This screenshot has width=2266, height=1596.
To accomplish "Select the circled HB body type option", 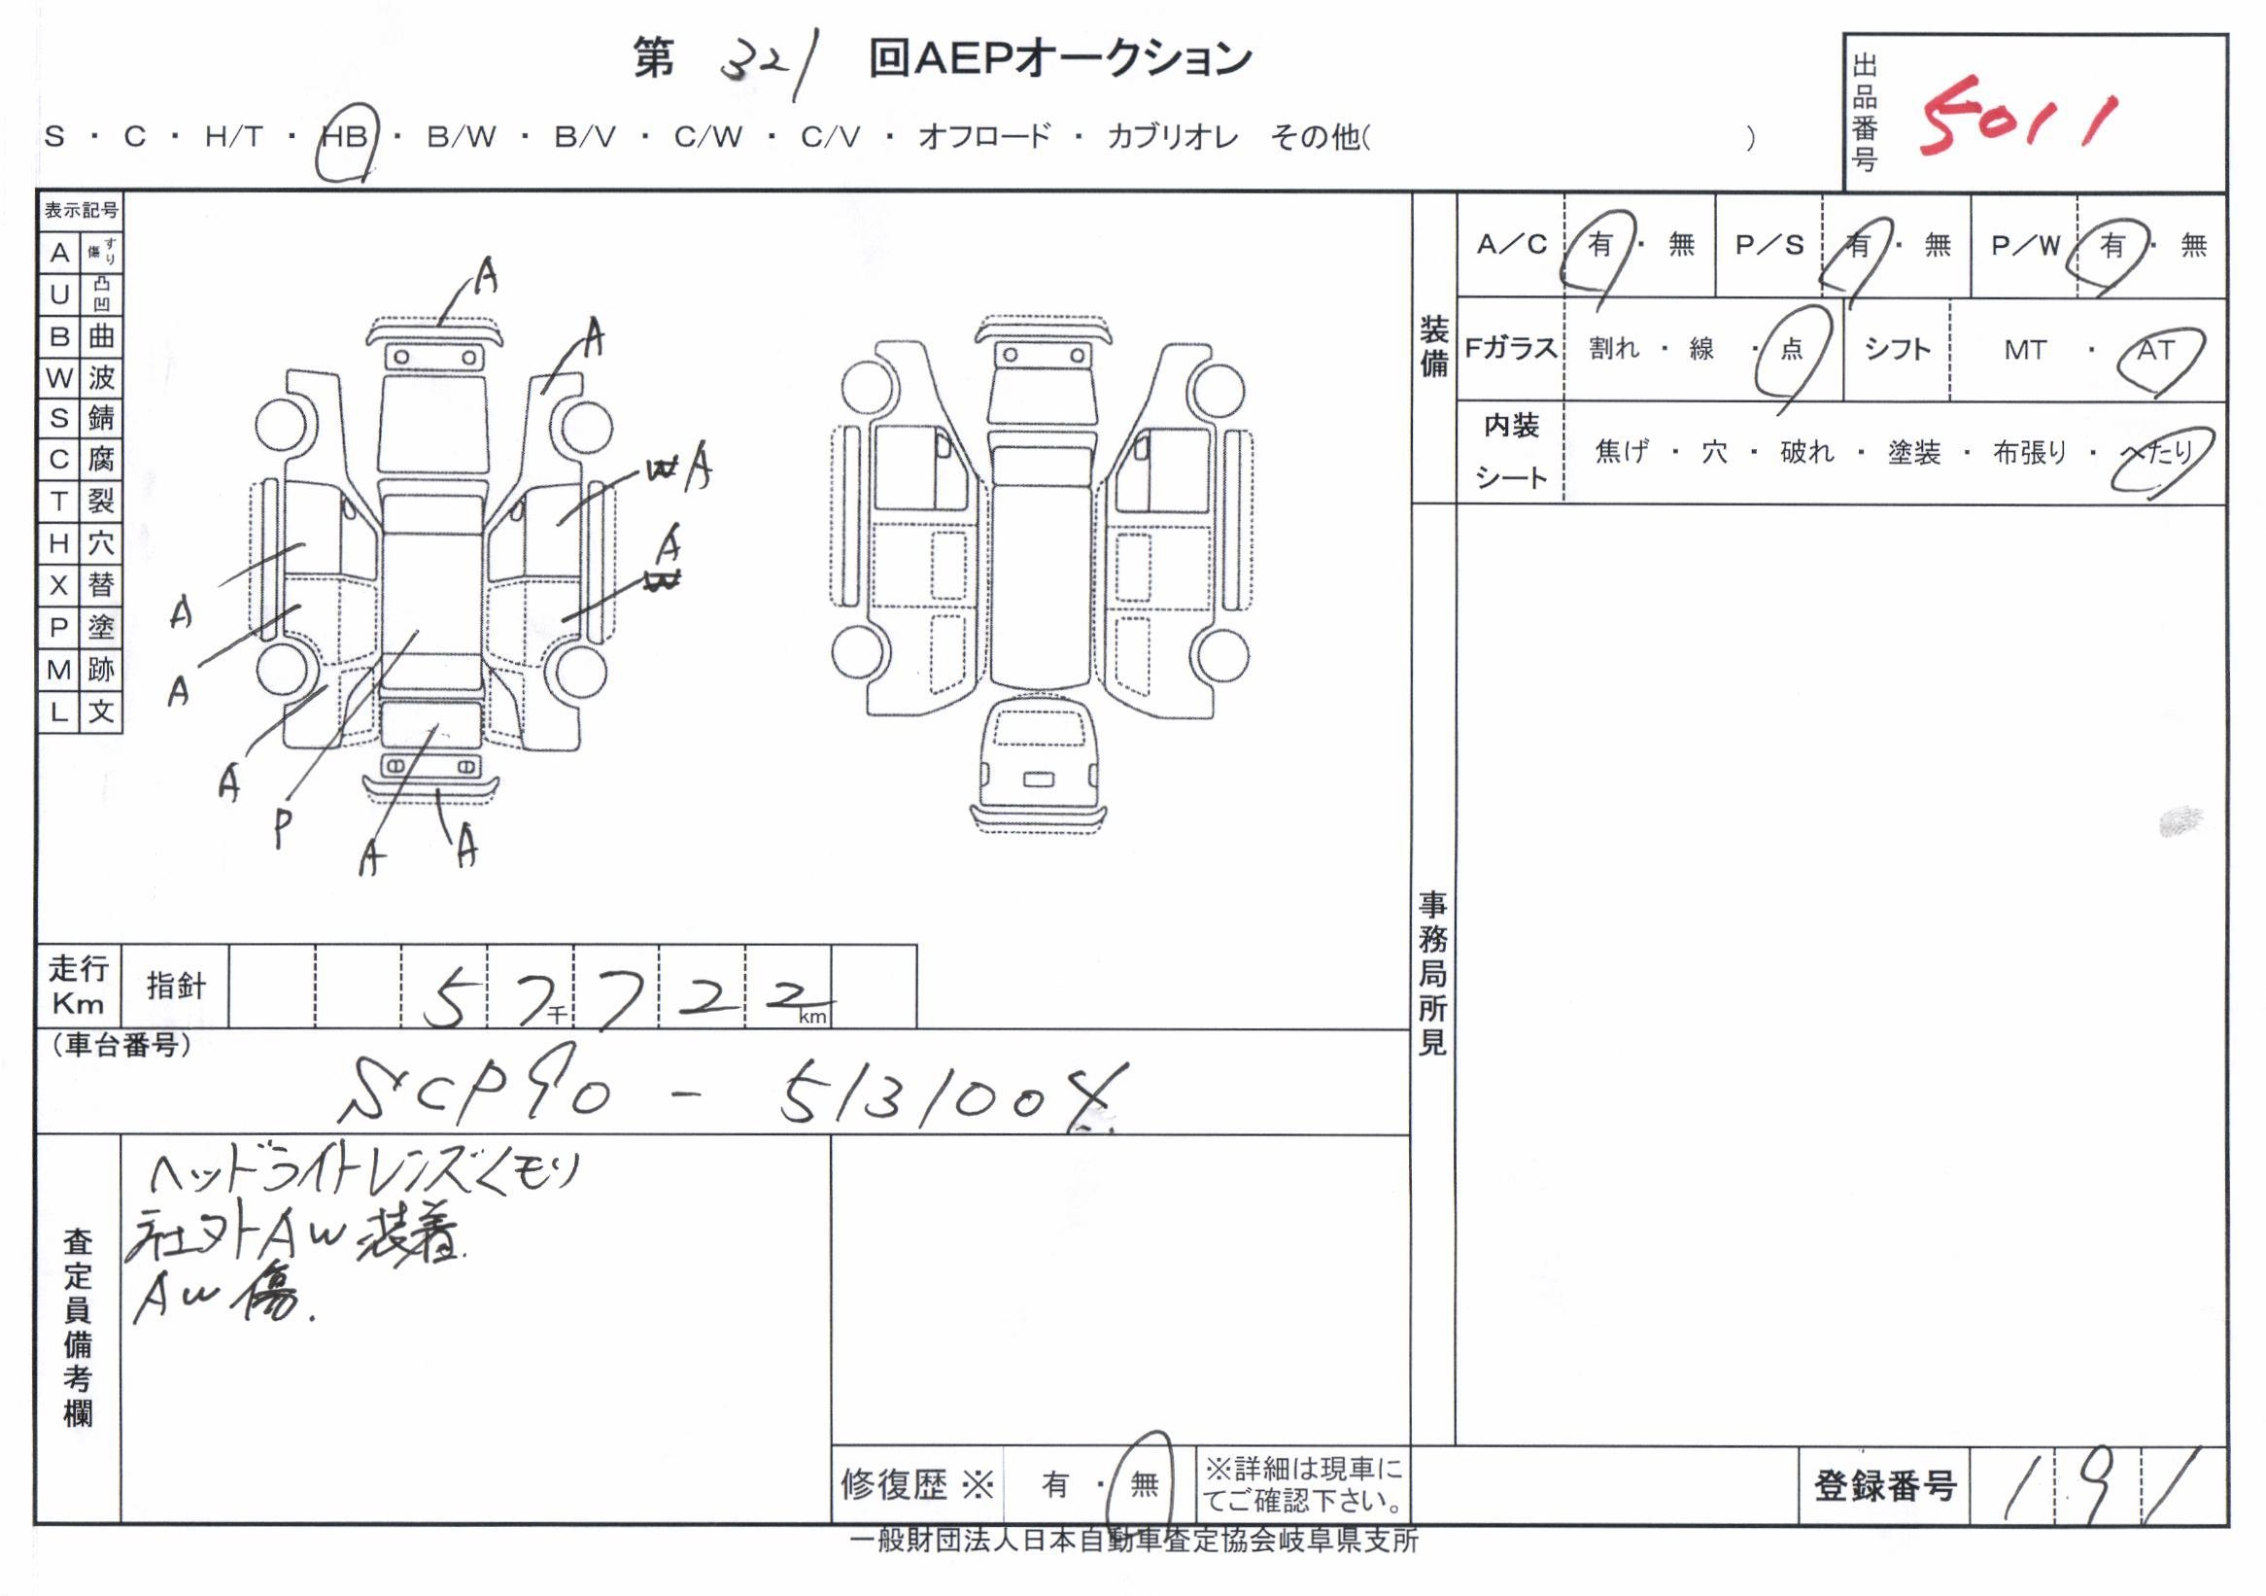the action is click(x=344, y=136).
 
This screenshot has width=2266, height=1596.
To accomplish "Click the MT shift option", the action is click(x=2024, y=350).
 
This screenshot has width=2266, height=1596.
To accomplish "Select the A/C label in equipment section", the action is click(x=1511, y=245).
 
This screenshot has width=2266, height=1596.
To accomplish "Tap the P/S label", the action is click(x=1768, y=245).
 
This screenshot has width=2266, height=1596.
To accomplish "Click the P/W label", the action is click(x=2025, y=245).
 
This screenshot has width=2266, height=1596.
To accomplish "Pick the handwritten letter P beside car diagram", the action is click(x=284, y=827).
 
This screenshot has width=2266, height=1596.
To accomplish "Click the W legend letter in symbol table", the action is click(x=59, y=377).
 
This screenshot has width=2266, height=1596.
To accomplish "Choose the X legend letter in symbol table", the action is click(x=59, y=585).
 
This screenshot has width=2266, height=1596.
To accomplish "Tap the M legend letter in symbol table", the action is click(x=59, y=669).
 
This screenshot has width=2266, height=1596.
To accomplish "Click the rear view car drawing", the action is click(x=1037, y=765).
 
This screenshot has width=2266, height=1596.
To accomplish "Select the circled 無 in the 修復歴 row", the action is click(x=1144, y=1482).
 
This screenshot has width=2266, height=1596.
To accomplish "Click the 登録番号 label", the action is click(x=1884, y=1485).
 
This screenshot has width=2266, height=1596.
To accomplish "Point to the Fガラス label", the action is click(x=1510, y=348).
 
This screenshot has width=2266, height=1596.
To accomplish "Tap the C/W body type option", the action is click(x=707, y=136).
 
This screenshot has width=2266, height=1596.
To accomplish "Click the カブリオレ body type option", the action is click(x=1173, y=136).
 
